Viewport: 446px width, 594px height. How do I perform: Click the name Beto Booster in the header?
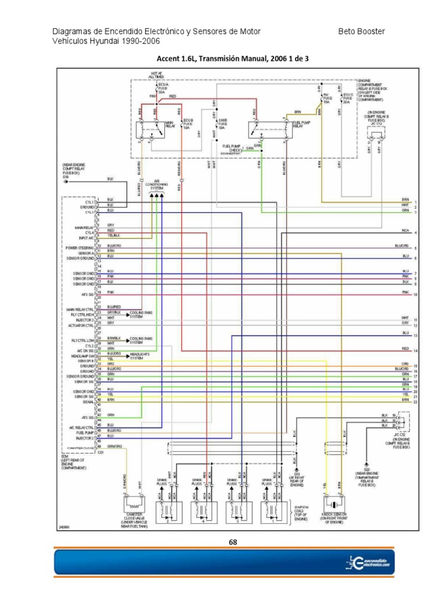[361, 31]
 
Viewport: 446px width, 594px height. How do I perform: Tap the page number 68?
[233, 542]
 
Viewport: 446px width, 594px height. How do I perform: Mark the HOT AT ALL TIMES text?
[156, 74]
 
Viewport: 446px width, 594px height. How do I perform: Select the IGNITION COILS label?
[301, 511]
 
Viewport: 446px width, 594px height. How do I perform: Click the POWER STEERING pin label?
[80, 248]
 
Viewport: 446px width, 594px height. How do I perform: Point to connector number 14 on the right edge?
[416, 352]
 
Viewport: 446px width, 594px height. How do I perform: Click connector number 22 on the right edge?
[416, 402]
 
